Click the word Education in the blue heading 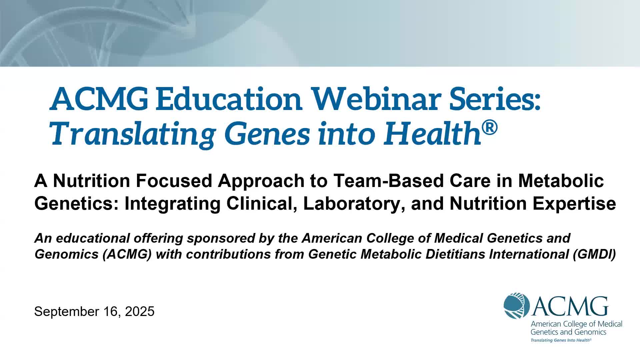(x=229, y=99)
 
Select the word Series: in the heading (x=495, y=99)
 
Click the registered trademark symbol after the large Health (x=490, y=128)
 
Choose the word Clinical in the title (x=262, y=204)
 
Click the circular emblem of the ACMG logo (x=517, y=306)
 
